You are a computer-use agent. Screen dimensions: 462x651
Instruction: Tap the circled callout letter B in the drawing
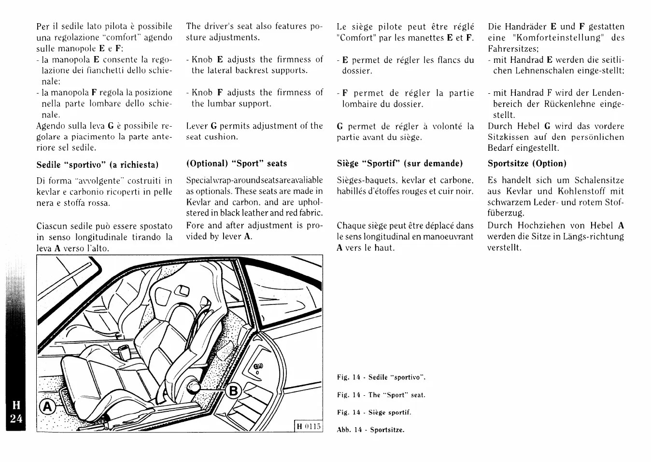click(233, 390)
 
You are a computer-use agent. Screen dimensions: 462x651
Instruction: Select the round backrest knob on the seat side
click(195, 387)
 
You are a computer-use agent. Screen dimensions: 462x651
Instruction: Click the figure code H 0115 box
click(309, 426)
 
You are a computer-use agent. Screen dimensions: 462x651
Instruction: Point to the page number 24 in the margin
click(16, 419)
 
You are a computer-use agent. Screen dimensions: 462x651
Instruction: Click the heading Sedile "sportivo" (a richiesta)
click(98, 165)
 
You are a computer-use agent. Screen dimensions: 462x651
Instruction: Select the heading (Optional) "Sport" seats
click(237, 163)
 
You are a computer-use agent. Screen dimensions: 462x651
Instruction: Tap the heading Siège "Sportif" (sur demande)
click(399, 163)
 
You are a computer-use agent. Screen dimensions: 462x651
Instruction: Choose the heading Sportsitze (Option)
click(527, 163)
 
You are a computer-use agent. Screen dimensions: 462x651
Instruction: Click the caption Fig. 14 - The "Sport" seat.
click(381, 395)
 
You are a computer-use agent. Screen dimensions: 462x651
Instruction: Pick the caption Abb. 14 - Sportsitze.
click(370, 430)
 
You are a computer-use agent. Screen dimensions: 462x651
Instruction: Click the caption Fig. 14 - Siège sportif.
click(374, 412)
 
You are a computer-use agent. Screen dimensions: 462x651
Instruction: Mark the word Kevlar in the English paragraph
click(198, 202)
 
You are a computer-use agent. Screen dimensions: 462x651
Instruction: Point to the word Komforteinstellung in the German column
click(557, 38)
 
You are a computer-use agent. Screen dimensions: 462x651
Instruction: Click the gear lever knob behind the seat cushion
click(123, 349)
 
